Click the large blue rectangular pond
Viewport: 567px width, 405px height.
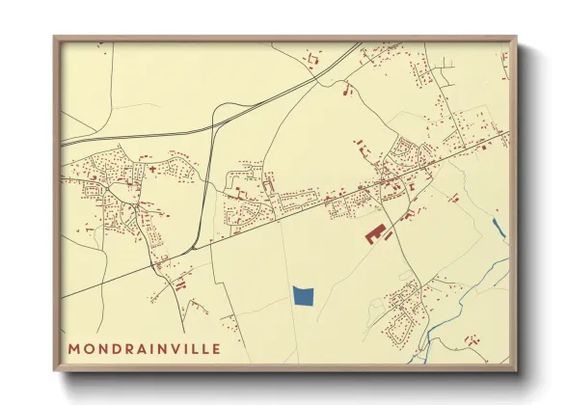[x=304, y=296]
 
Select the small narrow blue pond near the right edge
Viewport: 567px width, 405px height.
[x=497, y=229]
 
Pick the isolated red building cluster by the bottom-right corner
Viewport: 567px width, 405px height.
[x=472, y=339]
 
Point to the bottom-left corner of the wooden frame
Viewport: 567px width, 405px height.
[x=55, y=370]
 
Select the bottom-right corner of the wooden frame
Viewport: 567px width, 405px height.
[x=516, y=370]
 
